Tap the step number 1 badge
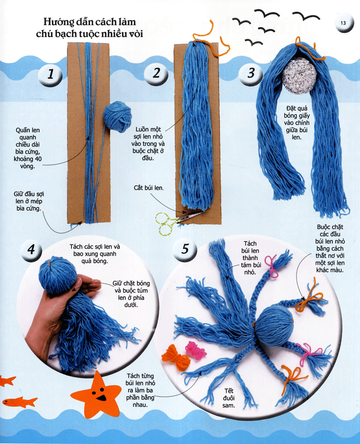click(50, 74)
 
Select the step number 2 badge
click(156, 73)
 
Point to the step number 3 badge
click(251, 73)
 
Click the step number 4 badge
click(31, 250)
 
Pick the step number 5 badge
click(185, 249)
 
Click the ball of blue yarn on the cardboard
click(117, 117)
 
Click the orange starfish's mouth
click(101, 398)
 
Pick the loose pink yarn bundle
click(196, 350)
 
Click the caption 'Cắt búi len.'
click(148, 188)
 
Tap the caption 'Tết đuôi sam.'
click(229, 398)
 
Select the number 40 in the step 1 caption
click(38, 159)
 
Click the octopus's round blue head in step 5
click(274, 326)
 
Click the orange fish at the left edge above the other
click(8, 381)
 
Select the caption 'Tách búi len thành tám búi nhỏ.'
click(251, 258)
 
